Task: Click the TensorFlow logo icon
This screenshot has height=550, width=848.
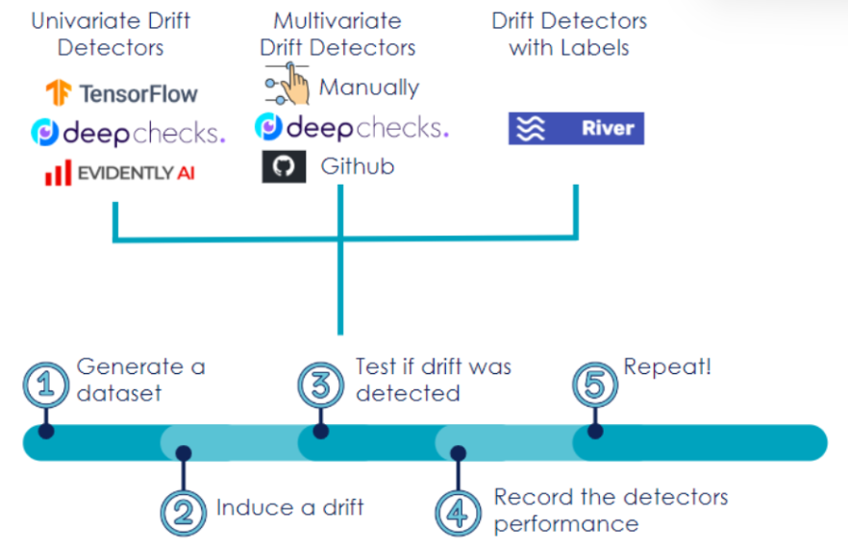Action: pos(59,92)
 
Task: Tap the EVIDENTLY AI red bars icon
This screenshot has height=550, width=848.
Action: pos(58,174)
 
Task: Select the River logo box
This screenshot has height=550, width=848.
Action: pos(576,128)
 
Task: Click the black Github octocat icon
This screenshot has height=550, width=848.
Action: pos(283,167)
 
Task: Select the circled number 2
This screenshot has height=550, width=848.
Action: pos(183,510)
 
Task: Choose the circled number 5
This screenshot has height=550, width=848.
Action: pos(596,385)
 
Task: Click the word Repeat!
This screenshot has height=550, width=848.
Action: pos(668,366)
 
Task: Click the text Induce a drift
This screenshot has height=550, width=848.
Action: pos(289,507)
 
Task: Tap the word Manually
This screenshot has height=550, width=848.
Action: pos(369,87)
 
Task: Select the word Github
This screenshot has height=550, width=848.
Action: pos(358,167)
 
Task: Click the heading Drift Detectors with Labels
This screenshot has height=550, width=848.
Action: pos(569,34)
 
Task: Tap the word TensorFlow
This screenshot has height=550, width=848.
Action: pos(138,93)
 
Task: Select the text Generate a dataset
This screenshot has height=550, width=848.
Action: pos(140,379)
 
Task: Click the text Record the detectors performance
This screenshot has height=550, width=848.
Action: pos(611,510)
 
